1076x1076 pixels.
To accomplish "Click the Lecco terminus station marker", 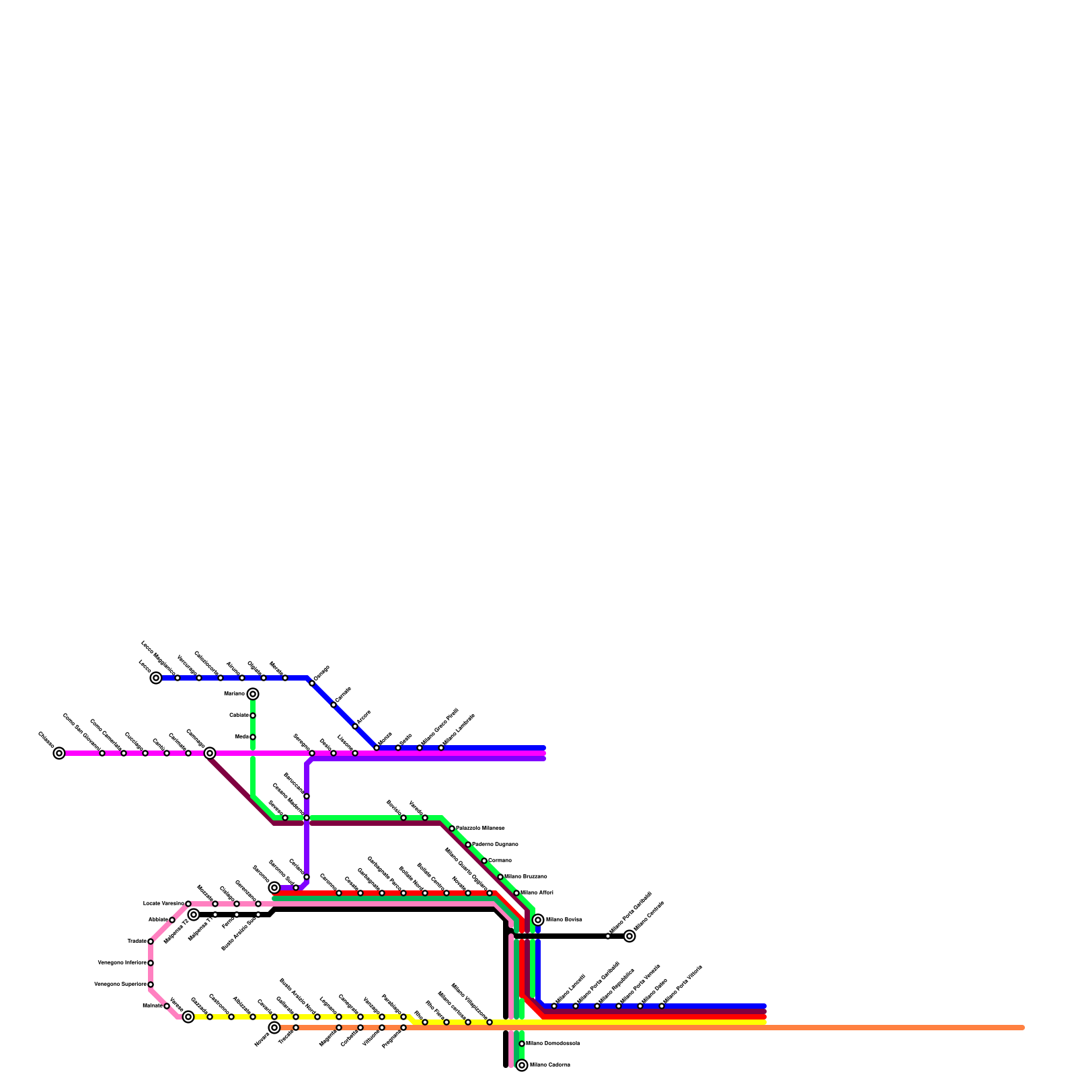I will pyautogui.click(x=156, y=678).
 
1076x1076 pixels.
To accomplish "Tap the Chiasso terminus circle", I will pyautogui.click(x=59, y=753).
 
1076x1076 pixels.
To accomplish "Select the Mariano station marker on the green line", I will pyautogui.click(x=253, y=694).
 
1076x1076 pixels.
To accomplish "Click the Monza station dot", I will pyautogui.click(x=377, y=748).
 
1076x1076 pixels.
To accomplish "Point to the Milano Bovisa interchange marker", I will pyautogui.click(x=538, y=920).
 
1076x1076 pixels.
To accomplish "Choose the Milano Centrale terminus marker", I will pyautogui.click(x=629, y=936).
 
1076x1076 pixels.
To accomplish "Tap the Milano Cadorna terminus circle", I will pyautogui.click(x=522, y=1065).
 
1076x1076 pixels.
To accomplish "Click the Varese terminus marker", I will pyautogui.click(x=188, y=1017).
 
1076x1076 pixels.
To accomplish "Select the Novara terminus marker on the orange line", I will pyautogui.click(x=274, y=1028).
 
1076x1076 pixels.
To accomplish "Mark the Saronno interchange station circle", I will pyautogui.click(x=274, y=888).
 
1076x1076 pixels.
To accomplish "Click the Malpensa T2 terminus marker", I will pyautogui.click(x=194, y=915).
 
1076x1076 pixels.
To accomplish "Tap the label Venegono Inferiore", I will pyautogui.click(x=122, y=963).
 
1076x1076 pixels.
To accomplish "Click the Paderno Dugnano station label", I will pyautogui.click(x=495, y=845).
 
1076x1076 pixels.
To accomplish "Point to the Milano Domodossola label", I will pyautogui.click(x=552, y=1044).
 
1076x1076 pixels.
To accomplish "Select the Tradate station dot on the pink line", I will pyautogui.click(x=151, y=941).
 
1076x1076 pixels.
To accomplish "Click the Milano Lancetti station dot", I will pyautogui.click(x=554, y=1006).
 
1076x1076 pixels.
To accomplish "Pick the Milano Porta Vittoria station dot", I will pyautogui.click(x=662, y=1006).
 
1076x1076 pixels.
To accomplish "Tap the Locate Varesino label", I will pyautogui.click(x=163, y=904).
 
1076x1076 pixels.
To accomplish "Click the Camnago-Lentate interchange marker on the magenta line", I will pyautogui.click(x=210, y=753).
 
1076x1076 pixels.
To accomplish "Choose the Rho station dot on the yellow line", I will pyautogui.click(x=425, y=1022).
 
